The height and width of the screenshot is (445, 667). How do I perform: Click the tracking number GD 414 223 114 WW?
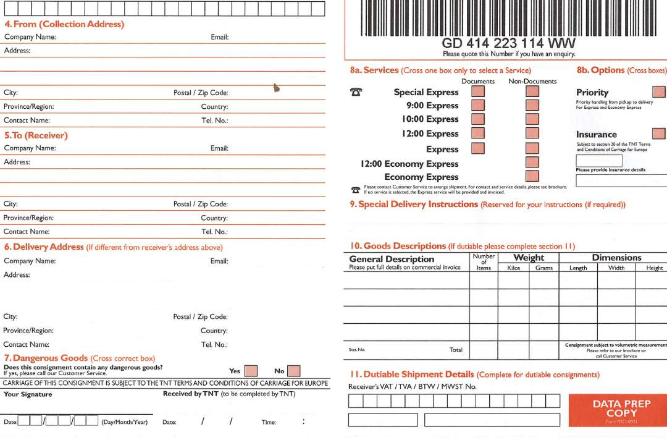pyautogui.click(x=509, y=43)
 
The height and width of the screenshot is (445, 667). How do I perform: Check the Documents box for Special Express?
pyautogui.click(x=478, y=91)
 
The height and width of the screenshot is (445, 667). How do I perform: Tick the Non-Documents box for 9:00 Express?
pyautogui.click(x=532, y=105)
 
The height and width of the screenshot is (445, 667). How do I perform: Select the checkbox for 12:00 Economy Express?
pyautogui.click(x=532, y=163)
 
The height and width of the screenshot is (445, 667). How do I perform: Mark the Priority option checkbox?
pyautogui.click(x=659, y=92)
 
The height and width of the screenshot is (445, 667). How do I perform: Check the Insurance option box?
pyautogui.click(x=659, y=133)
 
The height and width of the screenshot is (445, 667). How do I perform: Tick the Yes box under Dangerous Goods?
pyautogui.click(x=251, y=371)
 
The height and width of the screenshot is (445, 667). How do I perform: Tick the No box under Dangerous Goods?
pyautogui.click(x=294, y=371)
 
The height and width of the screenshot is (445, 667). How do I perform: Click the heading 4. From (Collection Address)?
pyautogui.click(x=64, y=24)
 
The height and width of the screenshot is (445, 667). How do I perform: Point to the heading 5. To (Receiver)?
pyautogui.click(x=36, y=135)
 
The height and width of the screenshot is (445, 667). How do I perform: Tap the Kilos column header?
pyautogui.click(x=513, y=268)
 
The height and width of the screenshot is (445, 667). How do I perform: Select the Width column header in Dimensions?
pyautogui.click(x=616, y=268)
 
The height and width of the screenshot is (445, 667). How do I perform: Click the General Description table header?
pyautogui.click(x=392, y=259)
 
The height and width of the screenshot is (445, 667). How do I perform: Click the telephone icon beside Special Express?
pyautogui.click(x=356, y=92)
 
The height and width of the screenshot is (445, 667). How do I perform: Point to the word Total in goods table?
pyautogui.click(x=456, y=350)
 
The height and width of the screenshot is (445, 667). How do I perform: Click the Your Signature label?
pyautogui.click(x=28, y=394)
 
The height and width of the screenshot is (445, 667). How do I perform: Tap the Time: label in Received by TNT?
pyautogui.click(x=269, y=422)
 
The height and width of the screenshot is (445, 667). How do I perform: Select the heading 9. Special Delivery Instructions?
pyautogui.click(x=414, y=205)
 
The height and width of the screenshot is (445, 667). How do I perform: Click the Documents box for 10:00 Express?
pyautogui.click(x=478, y=119)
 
